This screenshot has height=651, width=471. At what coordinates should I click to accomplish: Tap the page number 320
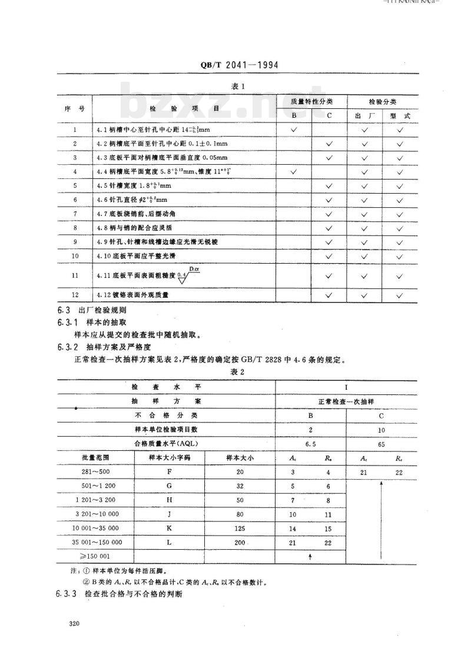73,623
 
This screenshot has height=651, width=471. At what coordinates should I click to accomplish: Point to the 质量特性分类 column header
311,101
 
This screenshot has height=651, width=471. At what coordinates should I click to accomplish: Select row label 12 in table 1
75,295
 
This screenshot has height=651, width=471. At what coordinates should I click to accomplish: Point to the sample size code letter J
169,514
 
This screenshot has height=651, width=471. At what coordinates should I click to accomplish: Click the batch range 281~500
95,472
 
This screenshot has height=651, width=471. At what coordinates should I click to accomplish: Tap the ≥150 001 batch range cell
95,556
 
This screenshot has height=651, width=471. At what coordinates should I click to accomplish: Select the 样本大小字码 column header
169,457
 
